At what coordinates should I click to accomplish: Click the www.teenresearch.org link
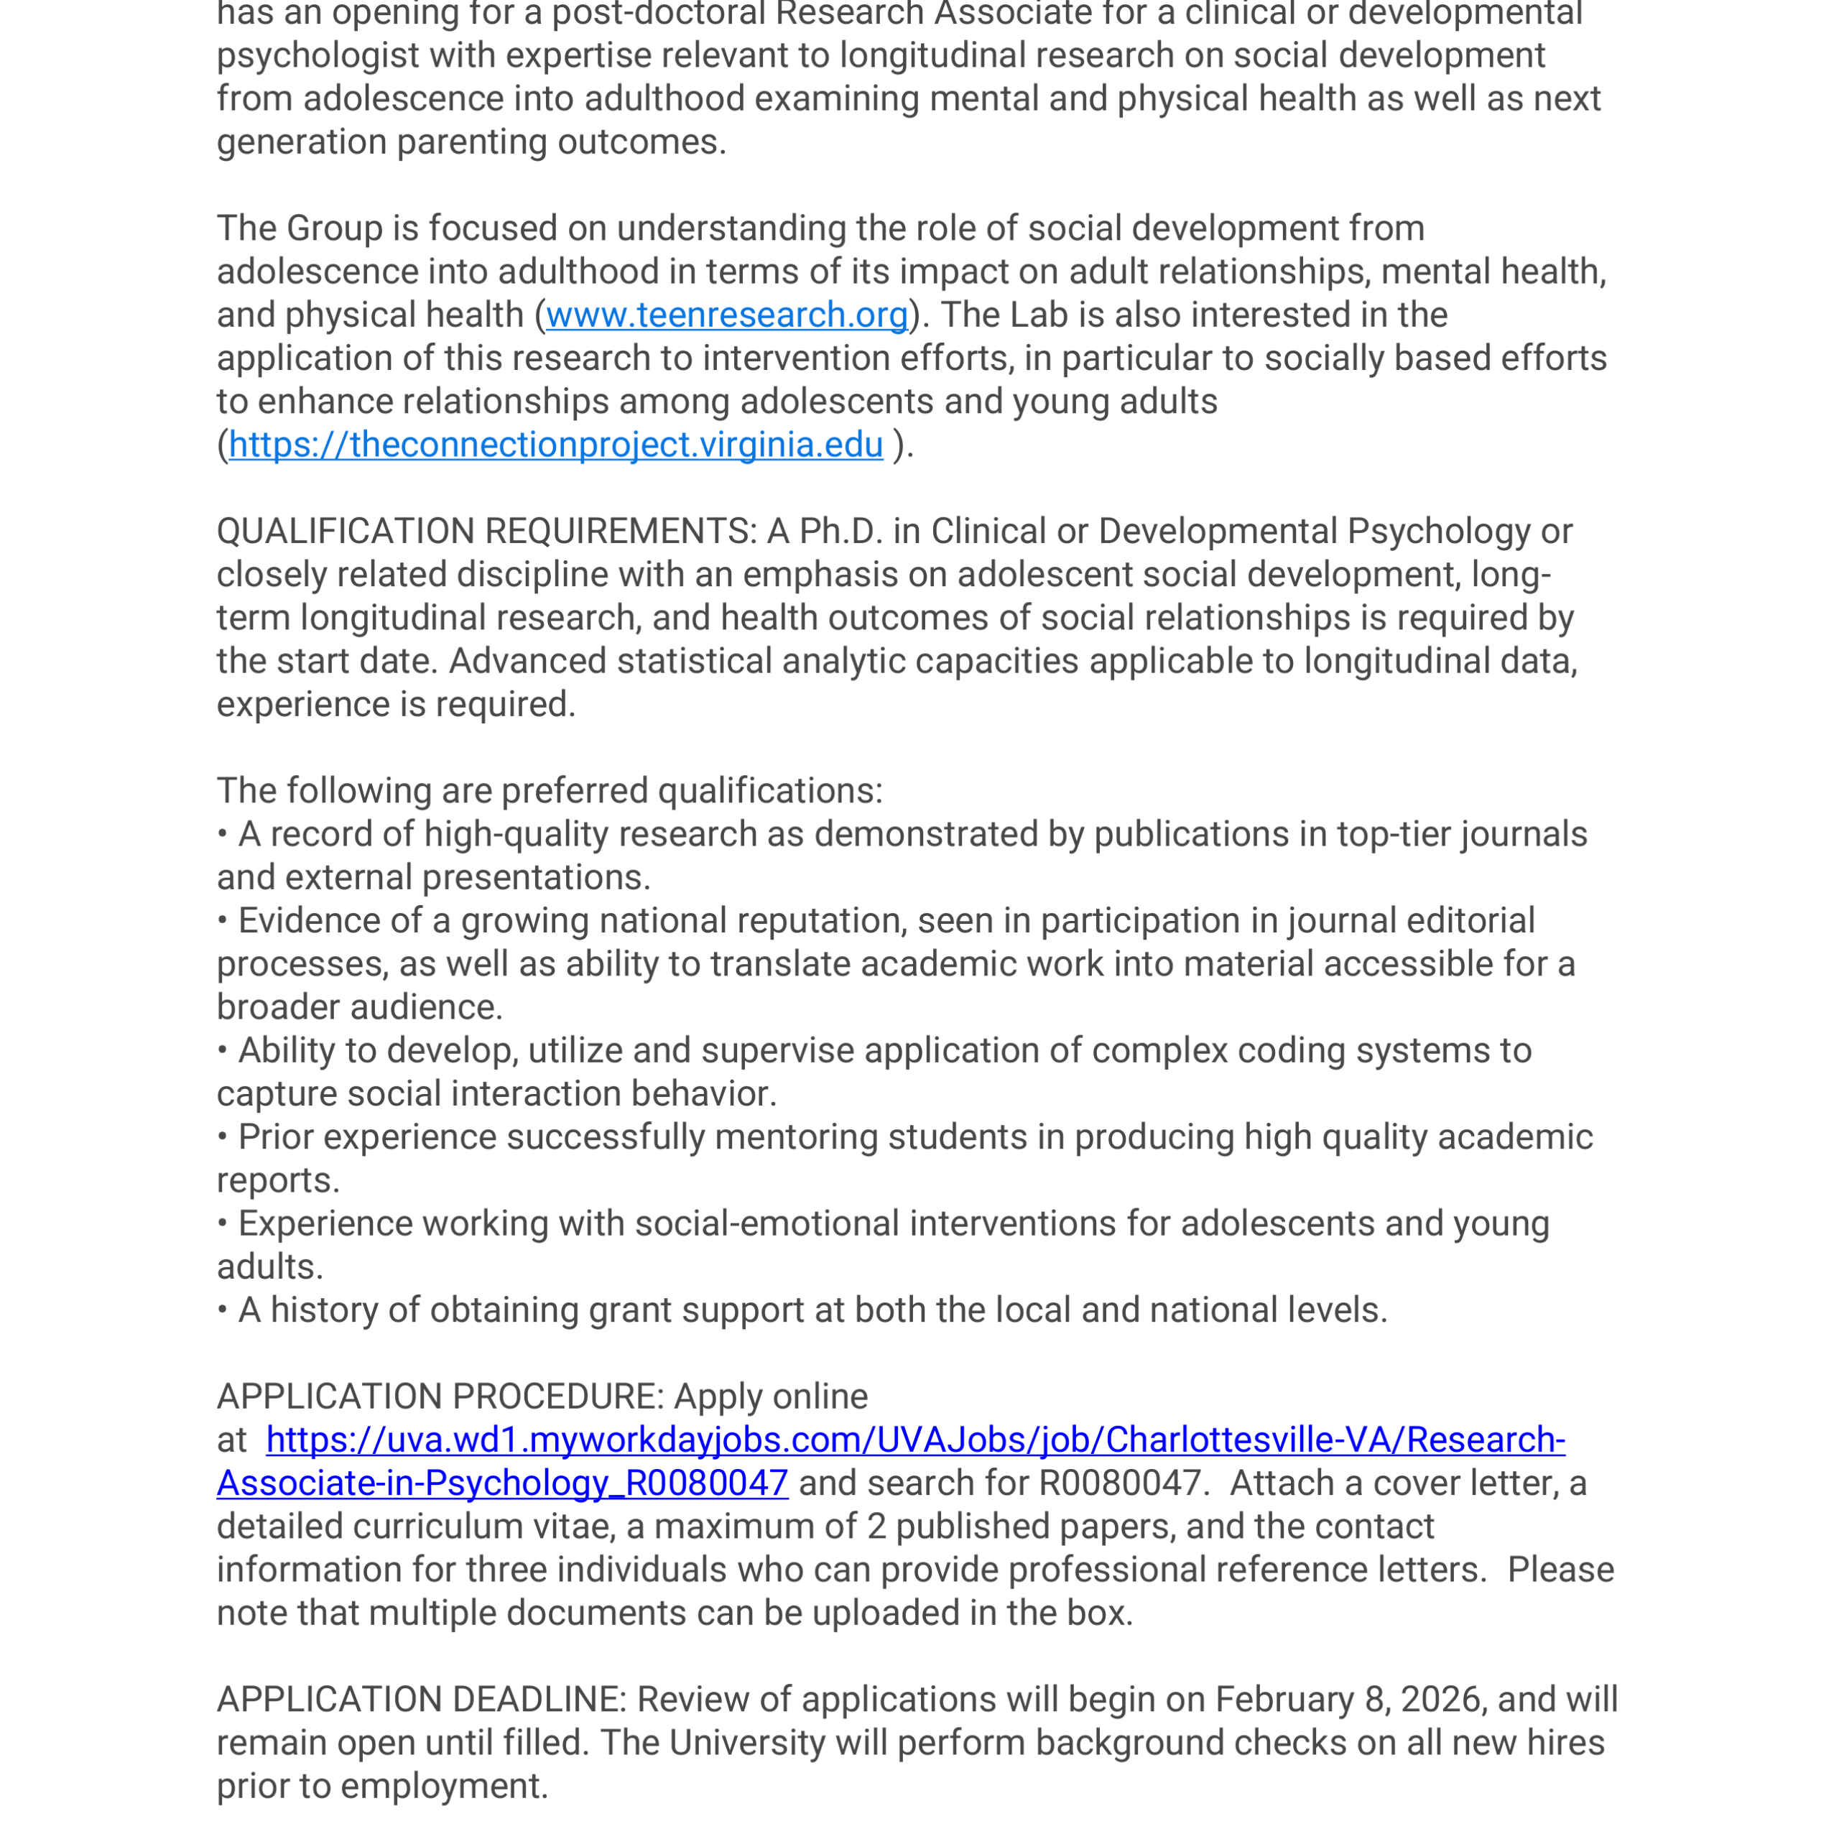[726, 315]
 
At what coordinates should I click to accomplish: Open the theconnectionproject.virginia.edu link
[556, 445]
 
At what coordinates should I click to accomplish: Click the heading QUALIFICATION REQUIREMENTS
[486, 531]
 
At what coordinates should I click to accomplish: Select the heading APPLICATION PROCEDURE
[439, 1396]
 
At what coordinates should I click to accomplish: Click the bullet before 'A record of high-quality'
[223, 835]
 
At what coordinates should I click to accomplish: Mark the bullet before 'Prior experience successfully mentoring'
[223, 1137]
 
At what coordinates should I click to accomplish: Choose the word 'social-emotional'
[766, 1224]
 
